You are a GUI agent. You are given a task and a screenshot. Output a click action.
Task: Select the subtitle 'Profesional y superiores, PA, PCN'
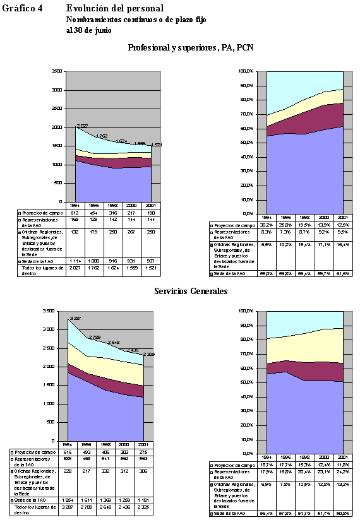click(191, 47)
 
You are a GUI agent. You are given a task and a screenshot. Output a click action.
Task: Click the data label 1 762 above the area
click(101, 136)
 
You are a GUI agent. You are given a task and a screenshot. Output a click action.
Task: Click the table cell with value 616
click(76, 452)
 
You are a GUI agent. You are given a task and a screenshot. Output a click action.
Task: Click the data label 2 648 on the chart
click(113, 342)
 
